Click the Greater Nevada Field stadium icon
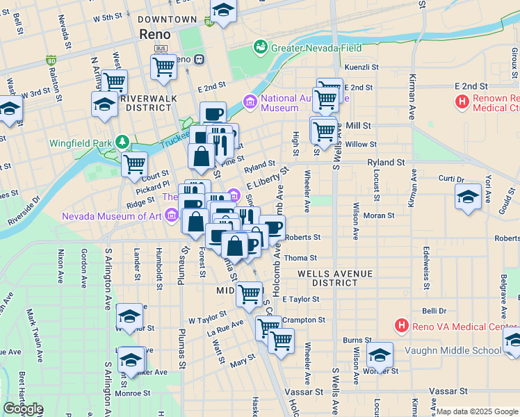click(x=261, y=47)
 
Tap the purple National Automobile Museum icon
click(x=250, y=103)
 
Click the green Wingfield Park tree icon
click(x=123, y=143)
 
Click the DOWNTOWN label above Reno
click(x=167, y=19)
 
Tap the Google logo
click(x=23, y=409)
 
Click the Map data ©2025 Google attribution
click(x=477, y=411)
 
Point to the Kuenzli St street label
click(x=361, y=67)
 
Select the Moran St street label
click(x=379, y=216)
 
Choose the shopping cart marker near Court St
click(x=134, y=164)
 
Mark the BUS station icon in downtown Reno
click(x=161, y=48)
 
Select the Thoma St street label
click(x=304, y=258)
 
